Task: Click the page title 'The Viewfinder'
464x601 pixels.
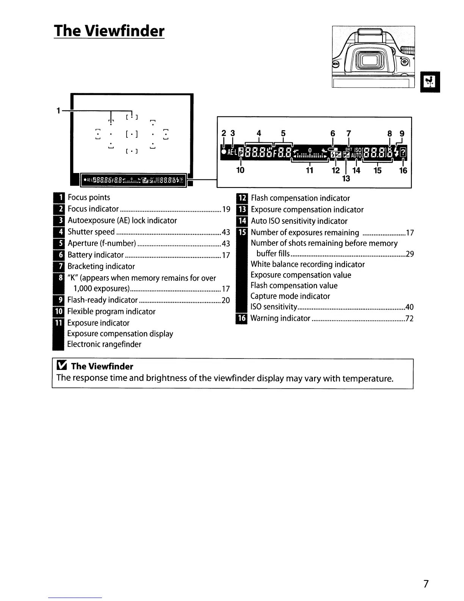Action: (x=109, y=31)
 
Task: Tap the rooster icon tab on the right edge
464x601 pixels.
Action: (x=430, y=82)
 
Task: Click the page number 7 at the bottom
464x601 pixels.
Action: (x=426, y=584)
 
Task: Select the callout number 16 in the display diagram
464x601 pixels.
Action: (x=403, y=171)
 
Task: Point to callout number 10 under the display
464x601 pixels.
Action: (x=240, y=170)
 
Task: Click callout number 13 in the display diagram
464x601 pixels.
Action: (x=346, y=178)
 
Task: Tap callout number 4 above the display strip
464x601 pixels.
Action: (x=259, y=133)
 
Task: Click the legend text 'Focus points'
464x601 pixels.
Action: (x=89, y=197)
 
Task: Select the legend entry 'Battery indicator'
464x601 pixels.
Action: (x=96, y=255)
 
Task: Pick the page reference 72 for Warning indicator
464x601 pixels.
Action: (x=409, y=318)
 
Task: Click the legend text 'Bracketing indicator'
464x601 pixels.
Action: (x=101, y=266)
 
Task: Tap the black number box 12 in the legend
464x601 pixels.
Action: (x=241, y=198)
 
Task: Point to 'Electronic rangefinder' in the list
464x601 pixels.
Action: (x=104, y=344)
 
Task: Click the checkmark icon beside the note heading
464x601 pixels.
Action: (x=61, y=366)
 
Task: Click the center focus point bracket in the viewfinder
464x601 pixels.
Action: (x=131, y=134)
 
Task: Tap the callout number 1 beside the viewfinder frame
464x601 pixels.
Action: (x=58, y=111)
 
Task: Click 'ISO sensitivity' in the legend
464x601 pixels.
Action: (x=273, y=307)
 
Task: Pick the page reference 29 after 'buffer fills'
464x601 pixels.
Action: (x=409, y=254)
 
